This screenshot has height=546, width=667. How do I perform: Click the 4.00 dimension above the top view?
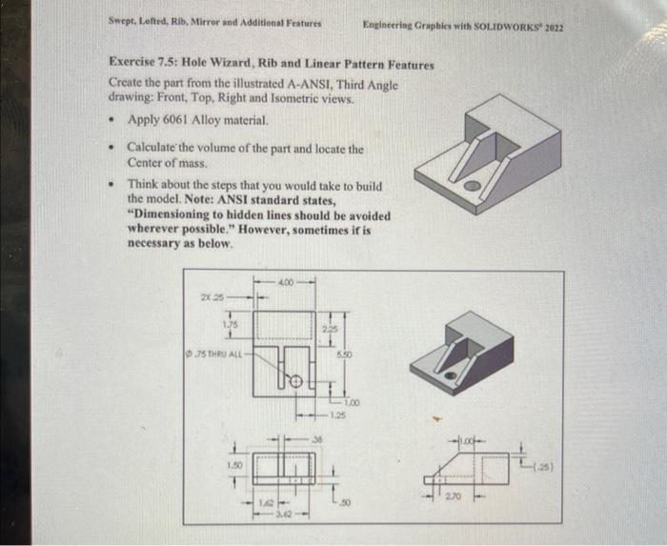click(x=287, y=280)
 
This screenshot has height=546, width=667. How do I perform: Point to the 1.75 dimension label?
click(x=231, y=323)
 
